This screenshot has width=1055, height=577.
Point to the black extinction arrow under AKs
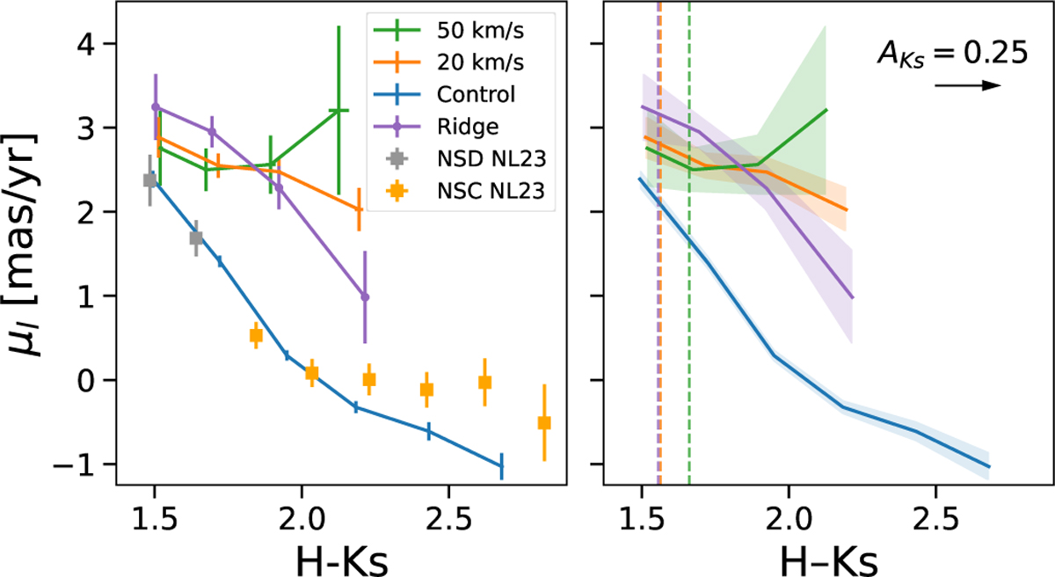point(968,85)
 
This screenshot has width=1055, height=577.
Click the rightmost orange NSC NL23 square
point(544,423)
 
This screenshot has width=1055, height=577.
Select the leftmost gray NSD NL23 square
point(150,179)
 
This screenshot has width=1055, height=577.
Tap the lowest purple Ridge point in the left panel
point(365,297)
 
